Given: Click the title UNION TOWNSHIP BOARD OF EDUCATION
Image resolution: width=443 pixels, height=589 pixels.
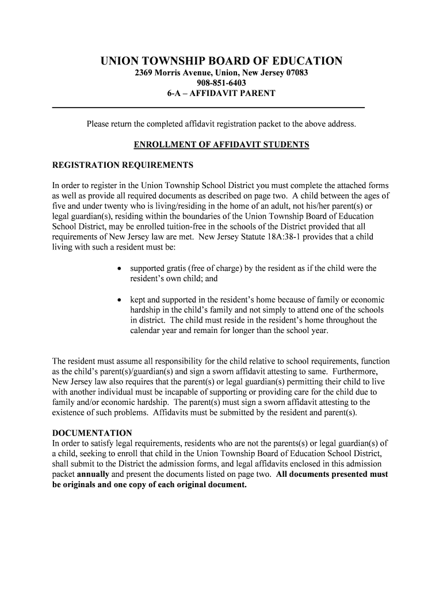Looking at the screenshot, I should pyautogui.click(x=221, y=62).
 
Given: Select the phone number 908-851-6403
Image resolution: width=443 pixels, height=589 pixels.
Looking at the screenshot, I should pyautogui.click(x=221, y=83).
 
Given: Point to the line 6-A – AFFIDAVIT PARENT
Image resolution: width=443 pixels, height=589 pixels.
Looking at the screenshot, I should pyautogui.click(x=221, y=93).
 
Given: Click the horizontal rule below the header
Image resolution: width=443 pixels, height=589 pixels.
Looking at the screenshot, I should pyautogui.click(x=208, y=108).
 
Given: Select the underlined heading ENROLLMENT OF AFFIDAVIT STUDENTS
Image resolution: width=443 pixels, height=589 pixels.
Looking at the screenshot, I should pyautogui.click(x=221, y=145).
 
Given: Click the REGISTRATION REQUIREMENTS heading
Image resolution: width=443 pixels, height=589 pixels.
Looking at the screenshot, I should pyautogui.click(x=123, y=166).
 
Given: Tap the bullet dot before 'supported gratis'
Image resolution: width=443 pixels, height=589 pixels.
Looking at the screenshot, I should pyautogui.click(x=119, y=269).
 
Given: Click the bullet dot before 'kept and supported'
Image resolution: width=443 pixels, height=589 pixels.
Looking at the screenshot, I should pyautogui.click(x=119, y=300).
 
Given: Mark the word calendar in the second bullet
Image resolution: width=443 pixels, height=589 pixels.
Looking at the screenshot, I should pyautogui.click(x=146, y=331).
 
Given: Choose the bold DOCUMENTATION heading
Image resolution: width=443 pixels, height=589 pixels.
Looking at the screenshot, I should pyautogui.click(x=92, y=433).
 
